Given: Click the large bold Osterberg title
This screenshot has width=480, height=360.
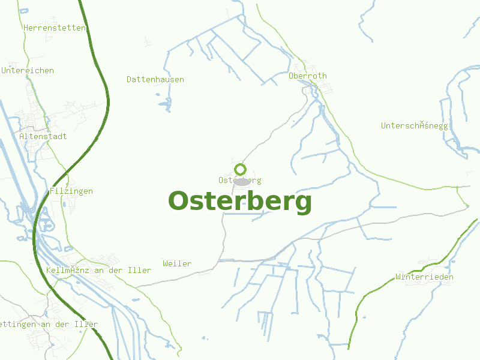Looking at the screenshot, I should [240, 202].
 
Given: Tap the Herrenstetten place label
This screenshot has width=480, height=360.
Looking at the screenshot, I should [55, 28].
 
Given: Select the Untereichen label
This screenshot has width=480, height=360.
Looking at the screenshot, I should [28, 70].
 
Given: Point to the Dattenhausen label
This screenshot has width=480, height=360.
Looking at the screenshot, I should [155, 79].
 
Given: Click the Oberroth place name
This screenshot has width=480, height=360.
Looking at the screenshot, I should [308, 76].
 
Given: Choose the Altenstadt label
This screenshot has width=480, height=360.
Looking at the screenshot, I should [43, 136].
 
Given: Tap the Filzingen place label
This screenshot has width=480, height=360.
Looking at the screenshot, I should [71, 191].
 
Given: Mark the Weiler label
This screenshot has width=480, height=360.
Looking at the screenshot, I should [177, 263].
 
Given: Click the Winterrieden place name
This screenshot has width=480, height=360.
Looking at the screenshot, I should [424, 277].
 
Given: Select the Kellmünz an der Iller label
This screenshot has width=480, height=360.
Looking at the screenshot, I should [98, 270].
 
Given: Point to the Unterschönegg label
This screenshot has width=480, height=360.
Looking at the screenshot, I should [415, 125].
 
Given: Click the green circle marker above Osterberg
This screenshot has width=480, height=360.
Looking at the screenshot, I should [241, 169].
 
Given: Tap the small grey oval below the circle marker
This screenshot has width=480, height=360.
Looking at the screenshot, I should [242, 181].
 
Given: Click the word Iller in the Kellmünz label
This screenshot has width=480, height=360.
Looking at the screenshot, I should [140, 270].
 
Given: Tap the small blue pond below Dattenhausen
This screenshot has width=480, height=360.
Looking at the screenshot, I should [164, 106].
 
